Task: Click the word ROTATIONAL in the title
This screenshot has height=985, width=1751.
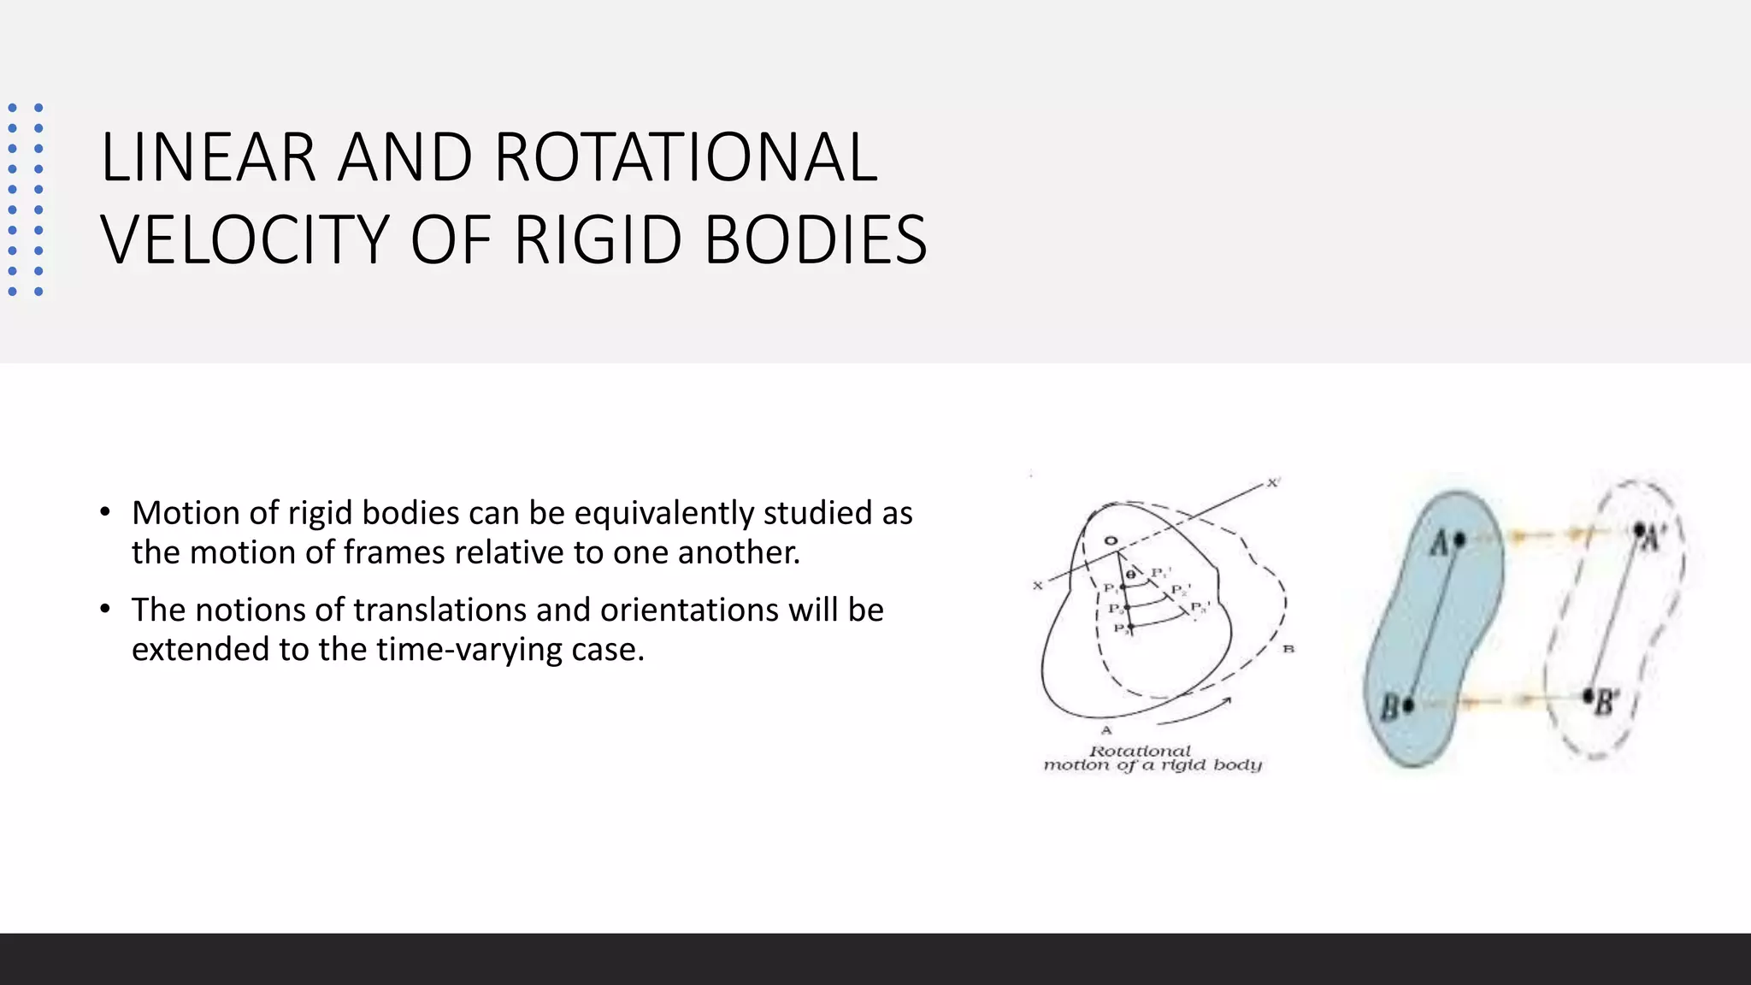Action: pos(685,157)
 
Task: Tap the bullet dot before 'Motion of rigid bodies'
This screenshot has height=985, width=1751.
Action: pos(104,512)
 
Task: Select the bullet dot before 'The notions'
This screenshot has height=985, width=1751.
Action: pos(104,609)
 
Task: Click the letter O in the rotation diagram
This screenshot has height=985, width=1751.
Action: pos(1111,541)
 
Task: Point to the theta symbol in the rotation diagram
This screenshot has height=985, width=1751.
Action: pos(1131,575)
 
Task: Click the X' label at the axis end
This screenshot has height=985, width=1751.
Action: pos(1273,483)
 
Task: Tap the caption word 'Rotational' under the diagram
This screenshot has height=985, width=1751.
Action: pos(1140,751)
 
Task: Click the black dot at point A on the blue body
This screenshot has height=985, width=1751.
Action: pos(1459,540)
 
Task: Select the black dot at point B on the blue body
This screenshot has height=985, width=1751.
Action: pos(1408,705)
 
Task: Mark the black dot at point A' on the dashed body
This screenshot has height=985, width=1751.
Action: pos(1639,530)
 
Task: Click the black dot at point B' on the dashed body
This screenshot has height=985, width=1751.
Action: pos(1589,695)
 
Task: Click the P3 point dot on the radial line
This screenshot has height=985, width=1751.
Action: pos(1129,628)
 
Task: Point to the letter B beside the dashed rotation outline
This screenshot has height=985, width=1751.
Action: pos(1288,649)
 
